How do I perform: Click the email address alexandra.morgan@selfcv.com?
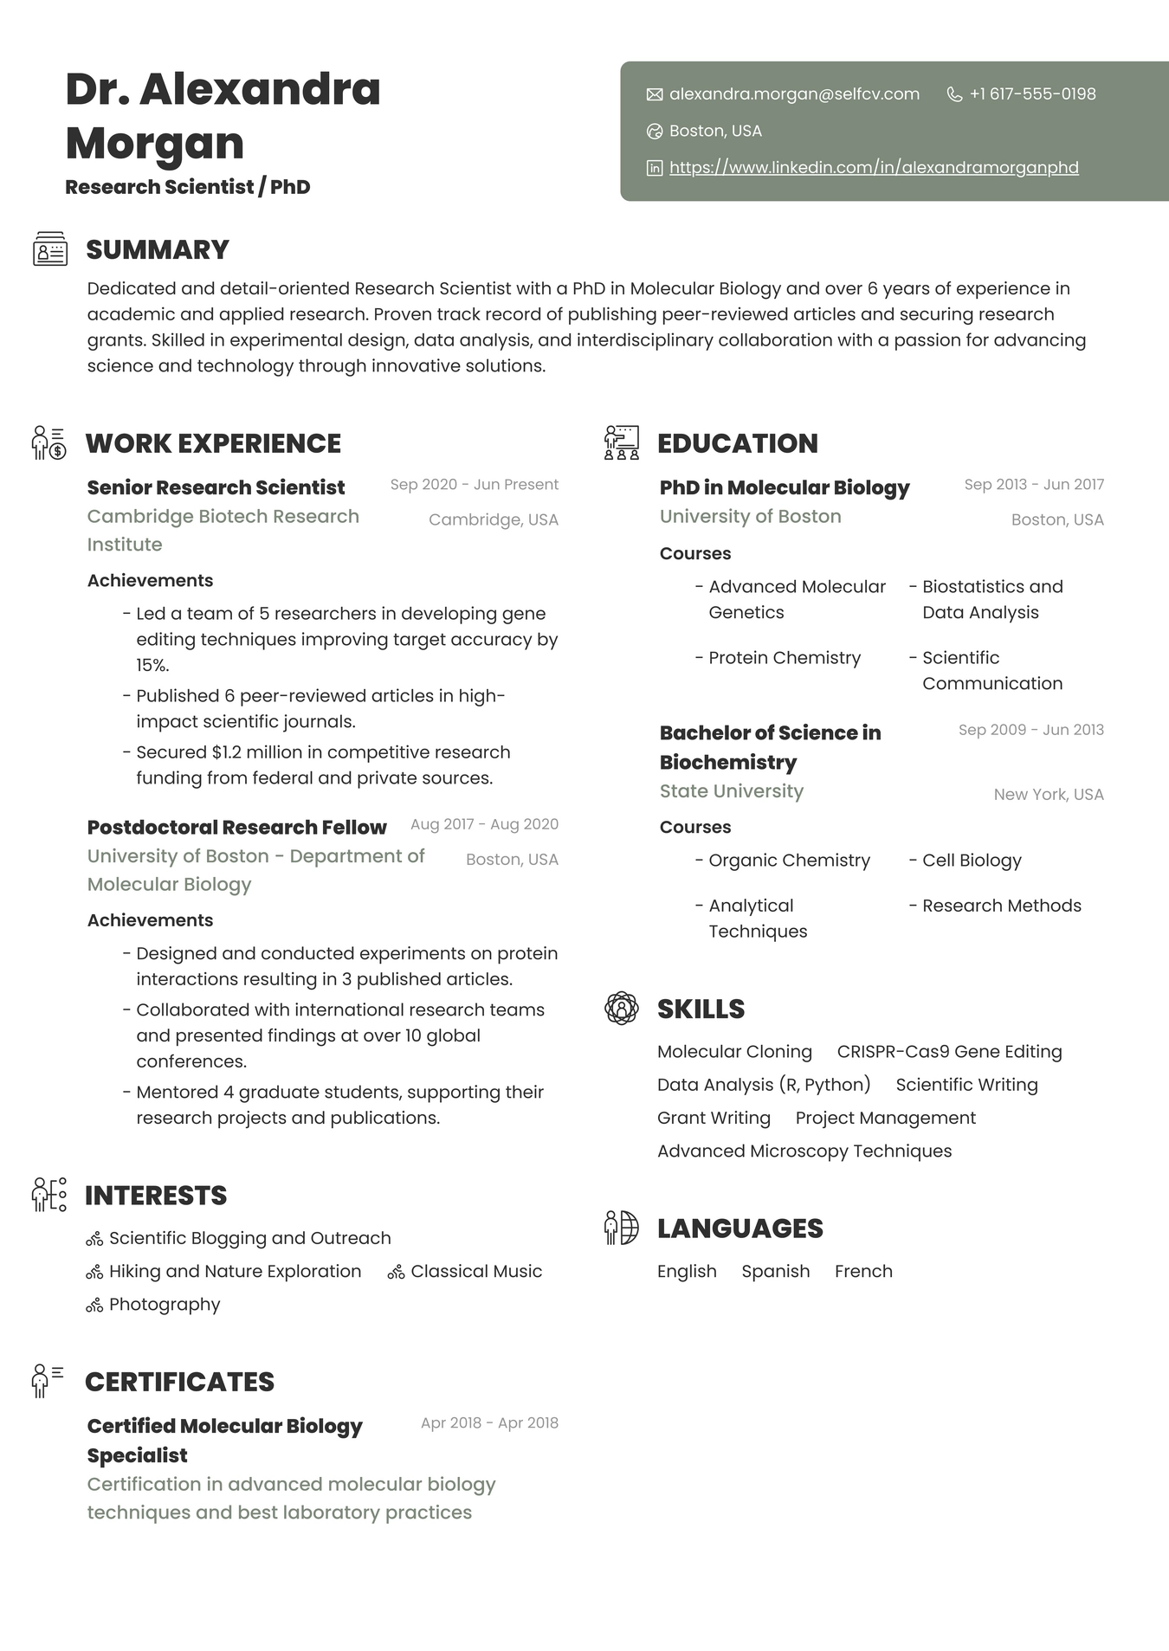[794, 94]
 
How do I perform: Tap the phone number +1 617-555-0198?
[1032, 94]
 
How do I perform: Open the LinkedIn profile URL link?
[874, 167]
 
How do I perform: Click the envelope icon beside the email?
[655, 94]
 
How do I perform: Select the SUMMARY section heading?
[158, 249]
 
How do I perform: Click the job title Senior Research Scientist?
[216, 487]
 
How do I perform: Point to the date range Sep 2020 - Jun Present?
[474, 484]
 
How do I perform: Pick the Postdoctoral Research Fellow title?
[236, 827]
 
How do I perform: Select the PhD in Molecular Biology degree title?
[784, 487]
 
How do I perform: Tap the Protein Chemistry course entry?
[785, 657]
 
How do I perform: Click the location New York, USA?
[1048, 794]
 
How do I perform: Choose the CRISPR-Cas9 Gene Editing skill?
[949, 1051]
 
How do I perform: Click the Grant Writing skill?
[714, 1118]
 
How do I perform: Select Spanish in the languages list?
[775, 1271]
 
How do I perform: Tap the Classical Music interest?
[476, 1271]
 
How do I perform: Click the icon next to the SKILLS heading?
[621, 1009]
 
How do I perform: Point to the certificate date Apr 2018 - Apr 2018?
[489, 1422]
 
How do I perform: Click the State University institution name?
[731, 790]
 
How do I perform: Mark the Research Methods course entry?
[1001, 906]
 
